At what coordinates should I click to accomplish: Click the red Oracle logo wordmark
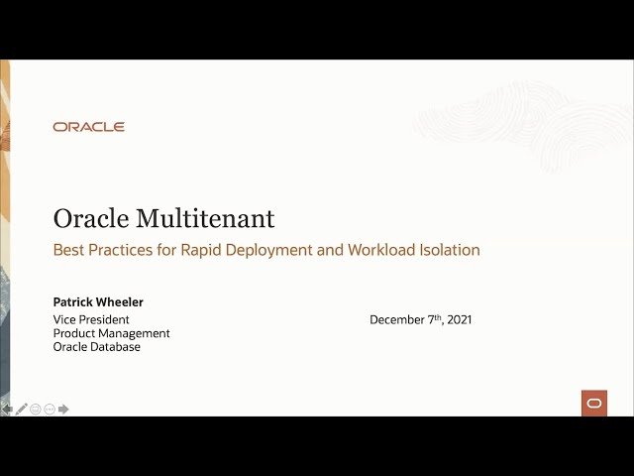click(x=88, y=127)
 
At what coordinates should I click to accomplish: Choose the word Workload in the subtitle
click(x=381, y=250)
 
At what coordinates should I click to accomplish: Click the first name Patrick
click(x=74, y=301)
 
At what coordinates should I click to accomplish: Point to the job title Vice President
click(x=92, y=319)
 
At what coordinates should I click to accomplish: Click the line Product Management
click(x=111, y=333)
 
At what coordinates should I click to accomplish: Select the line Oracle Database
click(x=96, y=347)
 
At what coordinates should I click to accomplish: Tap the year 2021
click(x=459, y=319)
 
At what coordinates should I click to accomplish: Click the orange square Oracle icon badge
click(x=593, y=403)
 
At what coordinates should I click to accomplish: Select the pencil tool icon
click(x=21, y=409)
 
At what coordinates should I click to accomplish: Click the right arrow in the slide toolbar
click(x=63, y=409)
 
